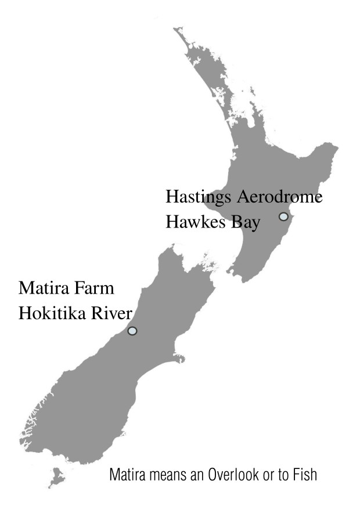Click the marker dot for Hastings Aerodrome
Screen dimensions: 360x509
[x=283, y=216]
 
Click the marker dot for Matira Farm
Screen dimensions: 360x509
[x=132, y=331]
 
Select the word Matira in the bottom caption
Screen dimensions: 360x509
[x=125, y=476]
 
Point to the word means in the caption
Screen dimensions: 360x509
[x=166, y=476]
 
